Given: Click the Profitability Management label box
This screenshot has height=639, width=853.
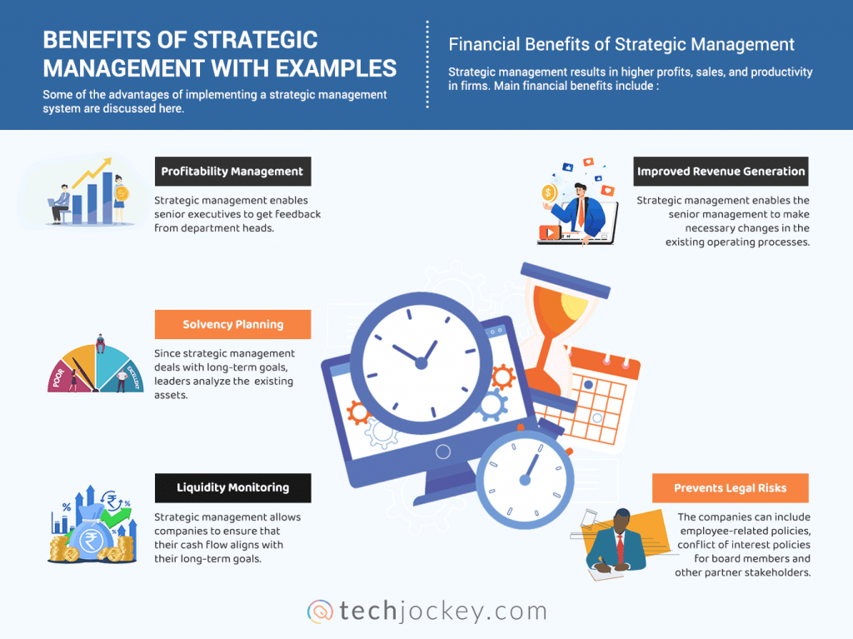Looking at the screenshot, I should point(232,172).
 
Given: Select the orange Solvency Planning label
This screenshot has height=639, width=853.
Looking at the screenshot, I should point(232,324).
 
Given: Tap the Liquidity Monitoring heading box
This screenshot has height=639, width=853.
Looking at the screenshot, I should point(232,487).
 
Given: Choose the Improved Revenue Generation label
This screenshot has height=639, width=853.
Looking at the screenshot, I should point(721,172).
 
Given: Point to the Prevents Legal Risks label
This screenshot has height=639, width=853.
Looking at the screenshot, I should point(730,488).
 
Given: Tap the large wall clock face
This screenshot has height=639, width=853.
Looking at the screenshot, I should point(420,361).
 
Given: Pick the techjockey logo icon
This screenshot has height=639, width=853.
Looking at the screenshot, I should point(321,611).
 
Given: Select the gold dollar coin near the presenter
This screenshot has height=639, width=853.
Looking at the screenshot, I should point(549,194).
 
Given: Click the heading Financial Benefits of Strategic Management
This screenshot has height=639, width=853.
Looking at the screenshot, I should point(621,44).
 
